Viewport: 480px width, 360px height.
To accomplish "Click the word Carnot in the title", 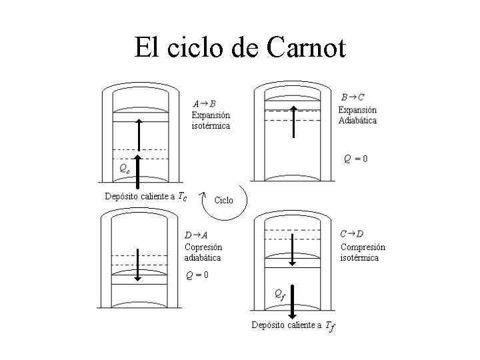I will [x=305, y=47].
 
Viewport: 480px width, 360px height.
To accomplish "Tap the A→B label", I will [x=204, y=103].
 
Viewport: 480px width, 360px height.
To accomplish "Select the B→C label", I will [x=353, y=97].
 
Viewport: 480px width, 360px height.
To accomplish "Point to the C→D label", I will [x=352, y=234].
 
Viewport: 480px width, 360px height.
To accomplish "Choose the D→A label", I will [x=196, y=234].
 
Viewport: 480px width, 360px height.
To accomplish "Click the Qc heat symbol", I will [x=124, y=169].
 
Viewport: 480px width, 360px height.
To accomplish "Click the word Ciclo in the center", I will [x=224, y=200].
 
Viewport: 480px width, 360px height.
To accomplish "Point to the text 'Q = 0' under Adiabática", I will [x=355, y=159].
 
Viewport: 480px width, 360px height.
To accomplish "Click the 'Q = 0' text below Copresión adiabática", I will [x=197, y=275].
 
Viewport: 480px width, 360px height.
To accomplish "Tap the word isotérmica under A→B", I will [x=211, y=126].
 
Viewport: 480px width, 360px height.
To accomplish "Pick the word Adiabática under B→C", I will [x=357, y=121].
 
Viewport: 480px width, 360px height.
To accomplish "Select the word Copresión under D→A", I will [x=203, y=246].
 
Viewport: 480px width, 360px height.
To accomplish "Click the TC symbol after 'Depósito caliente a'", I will [x=183, y=197].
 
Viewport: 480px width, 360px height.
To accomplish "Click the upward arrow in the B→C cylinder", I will [x=293, y=121].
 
